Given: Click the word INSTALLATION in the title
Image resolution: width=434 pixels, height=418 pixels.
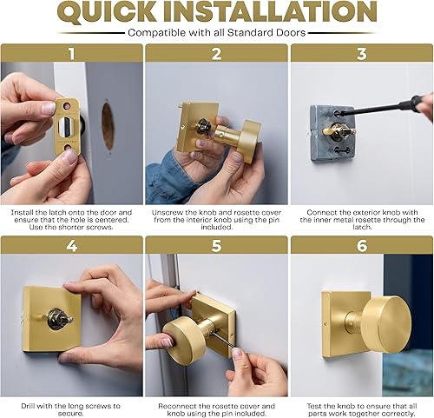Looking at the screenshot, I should [x=275, y=13].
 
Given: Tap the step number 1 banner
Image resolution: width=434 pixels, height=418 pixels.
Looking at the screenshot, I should [x=71, y=53].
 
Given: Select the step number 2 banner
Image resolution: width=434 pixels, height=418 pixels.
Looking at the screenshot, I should [x=216, y=53].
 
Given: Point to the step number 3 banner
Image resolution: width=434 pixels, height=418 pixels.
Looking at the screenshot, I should [x=361, y=53].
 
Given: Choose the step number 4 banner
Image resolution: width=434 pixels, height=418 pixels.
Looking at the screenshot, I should [x=71, y=244].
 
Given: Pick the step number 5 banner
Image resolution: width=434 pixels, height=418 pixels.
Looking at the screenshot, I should [x=216, y=244].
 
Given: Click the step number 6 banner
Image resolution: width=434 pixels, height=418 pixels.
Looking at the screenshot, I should [x=361, y=244].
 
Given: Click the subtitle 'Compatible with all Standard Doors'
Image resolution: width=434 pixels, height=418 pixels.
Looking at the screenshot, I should [x=217, y=32].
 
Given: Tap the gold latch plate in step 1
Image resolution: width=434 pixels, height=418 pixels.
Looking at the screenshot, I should [x=65, y=127].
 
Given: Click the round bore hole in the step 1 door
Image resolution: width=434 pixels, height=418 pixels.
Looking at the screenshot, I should [x=108, y=126].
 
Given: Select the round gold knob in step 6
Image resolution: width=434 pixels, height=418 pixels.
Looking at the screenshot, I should [x=384, y=323].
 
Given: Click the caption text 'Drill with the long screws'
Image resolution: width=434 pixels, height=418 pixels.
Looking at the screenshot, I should [x=71, y=405].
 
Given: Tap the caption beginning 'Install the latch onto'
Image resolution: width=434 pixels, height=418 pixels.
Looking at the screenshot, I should [x=71, y=218].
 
